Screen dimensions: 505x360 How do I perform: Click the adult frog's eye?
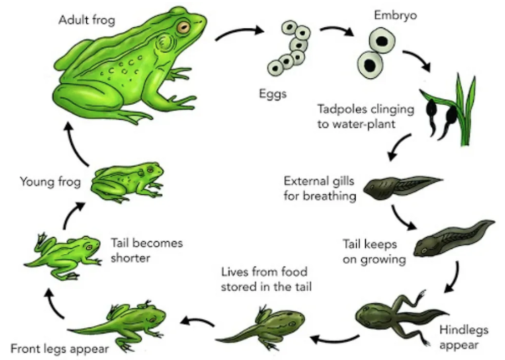pos(183,27)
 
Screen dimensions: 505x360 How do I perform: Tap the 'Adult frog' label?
pos(87,20)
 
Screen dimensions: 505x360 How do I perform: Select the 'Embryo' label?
pos(395,15)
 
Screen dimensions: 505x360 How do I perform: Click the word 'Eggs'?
pos(273,94)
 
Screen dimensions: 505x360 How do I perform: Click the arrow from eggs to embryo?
pos(337,30)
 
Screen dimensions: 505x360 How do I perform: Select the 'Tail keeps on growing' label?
pos(374,252)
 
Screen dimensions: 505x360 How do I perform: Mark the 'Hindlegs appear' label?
pos(463,337)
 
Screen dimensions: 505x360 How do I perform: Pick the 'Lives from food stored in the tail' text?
pos(266,279)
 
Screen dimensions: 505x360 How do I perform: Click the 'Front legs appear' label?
pos(60,349)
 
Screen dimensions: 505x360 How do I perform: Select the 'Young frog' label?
pos(50,182)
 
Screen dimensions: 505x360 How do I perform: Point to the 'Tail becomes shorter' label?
pos(147,250)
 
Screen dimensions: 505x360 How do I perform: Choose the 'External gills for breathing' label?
pos(319,188)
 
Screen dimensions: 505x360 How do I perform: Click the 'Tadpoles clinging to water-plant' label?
pos(366,116)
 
